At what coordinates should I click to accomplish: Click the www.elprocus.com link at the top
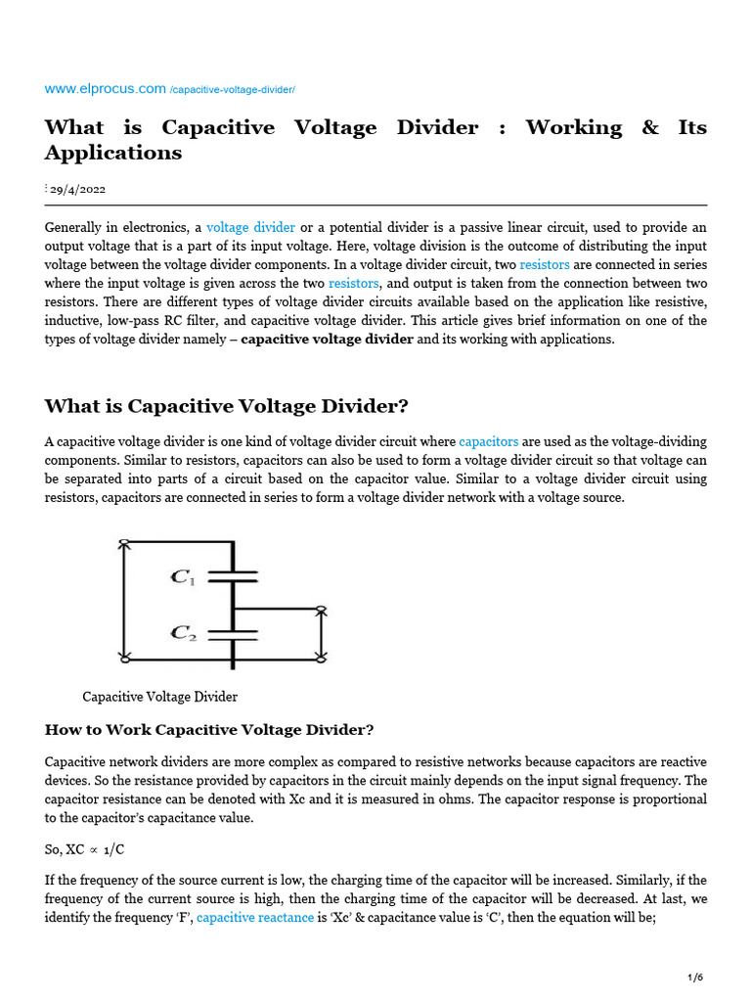(106, 89)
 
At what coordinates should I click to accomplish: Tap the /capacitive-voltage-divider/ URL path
(232, 90)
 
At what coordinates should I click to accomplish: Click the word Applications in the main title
(113, 153)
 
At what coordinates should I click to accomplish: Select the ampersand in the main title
(650, 127)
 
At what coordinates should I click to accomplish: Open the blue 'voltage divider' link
(250, 227)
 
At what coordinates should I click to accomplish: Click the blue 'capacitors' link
(489, 442)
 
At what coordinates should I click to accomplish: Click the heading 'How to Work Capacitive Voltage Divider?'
(209, 730)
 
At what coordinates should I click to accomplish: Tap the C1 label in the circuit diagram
(183, 577)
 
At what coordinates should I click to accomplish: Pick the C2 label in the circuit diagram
(183, 633)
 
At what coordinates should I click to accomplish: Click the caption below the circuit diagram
(159, 697)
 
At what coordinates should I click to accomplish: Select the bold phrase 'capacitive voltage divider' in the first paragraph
(327, 339)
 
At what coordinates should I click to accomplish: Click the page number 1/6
(695, 978)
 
